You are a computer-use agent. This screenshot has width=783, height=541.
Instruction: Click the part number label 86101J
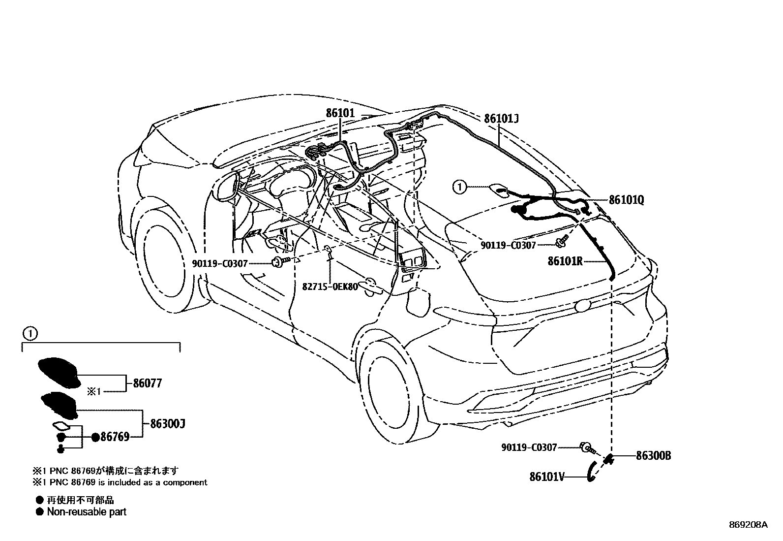501,119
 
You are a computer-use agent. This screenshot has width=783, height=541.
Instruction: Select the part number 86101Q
626,200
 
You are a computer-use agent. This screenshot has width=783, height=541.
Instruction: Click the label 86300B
653,456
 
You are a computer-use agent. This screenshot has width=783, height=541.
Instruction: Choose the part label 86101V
547,477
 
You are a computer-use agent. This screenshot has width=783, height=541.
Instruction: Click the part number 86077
147,383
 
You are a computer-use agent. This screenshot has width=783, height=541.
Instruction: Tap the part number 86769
115,437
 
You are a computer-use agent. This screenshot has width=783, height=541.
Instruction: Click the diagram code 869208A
748,525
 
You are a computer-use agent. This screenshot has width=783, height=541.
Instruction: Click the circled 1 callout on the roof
459,187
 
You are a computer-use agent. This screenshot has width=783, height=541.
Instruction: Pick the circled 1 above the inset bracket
30,334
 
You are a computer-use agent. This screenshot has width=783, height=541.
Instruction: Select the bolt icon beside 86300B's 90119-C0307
587,448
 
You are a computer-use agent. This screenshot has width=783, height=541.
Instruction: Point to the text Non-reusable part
87,512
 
